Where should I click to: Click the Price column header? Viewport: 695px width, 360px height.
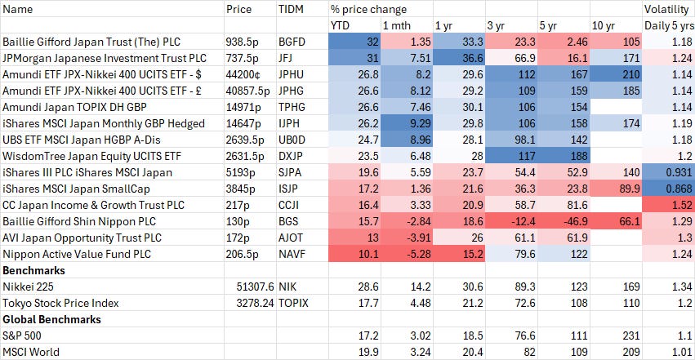pos(238,10)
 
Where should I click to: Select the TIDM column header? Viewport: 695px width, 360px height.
pos(289,10)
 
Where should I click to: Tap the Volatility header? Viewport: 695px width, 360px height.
pos(666,10)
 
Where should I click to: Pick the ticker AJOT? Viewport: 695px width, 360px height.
pos(291,238)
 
